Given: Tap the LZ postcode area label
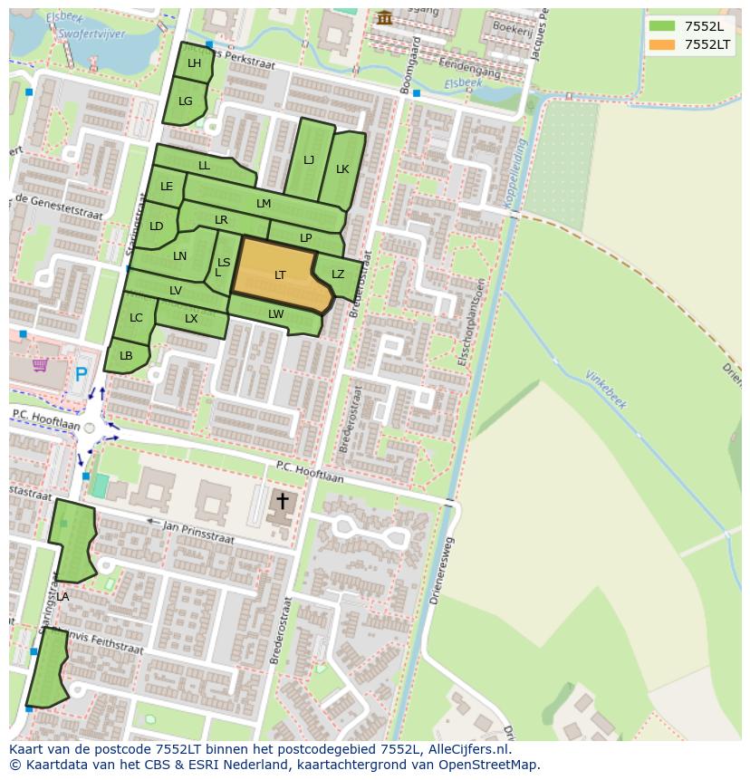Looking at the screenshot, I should point(338,274).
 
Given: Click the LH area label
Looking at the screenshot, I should point(194,63).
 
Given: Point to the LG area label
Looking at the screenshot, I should point(186,101).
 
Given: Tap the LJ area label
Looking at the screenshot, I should point(309,160).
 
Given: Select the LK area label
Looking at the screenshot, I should point(342,169).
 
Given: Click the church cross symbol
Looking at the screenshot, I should point(282,500).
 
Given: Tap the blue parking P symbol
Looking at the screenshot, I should point(82,373).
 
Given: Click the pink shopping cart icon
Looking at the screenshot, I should point(40,365).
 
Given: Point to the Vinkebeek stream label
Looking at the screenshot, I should point(606,390).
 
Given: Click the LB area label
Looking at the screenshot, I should point(126,356).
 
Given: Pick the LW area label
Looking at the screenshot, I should point(276,314).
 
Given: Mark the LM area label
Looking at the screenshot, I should point(264,204).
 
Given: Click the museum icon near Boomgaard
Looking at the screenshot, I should point(385,18).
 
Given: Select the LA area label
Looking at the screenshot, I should point(62,597).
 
